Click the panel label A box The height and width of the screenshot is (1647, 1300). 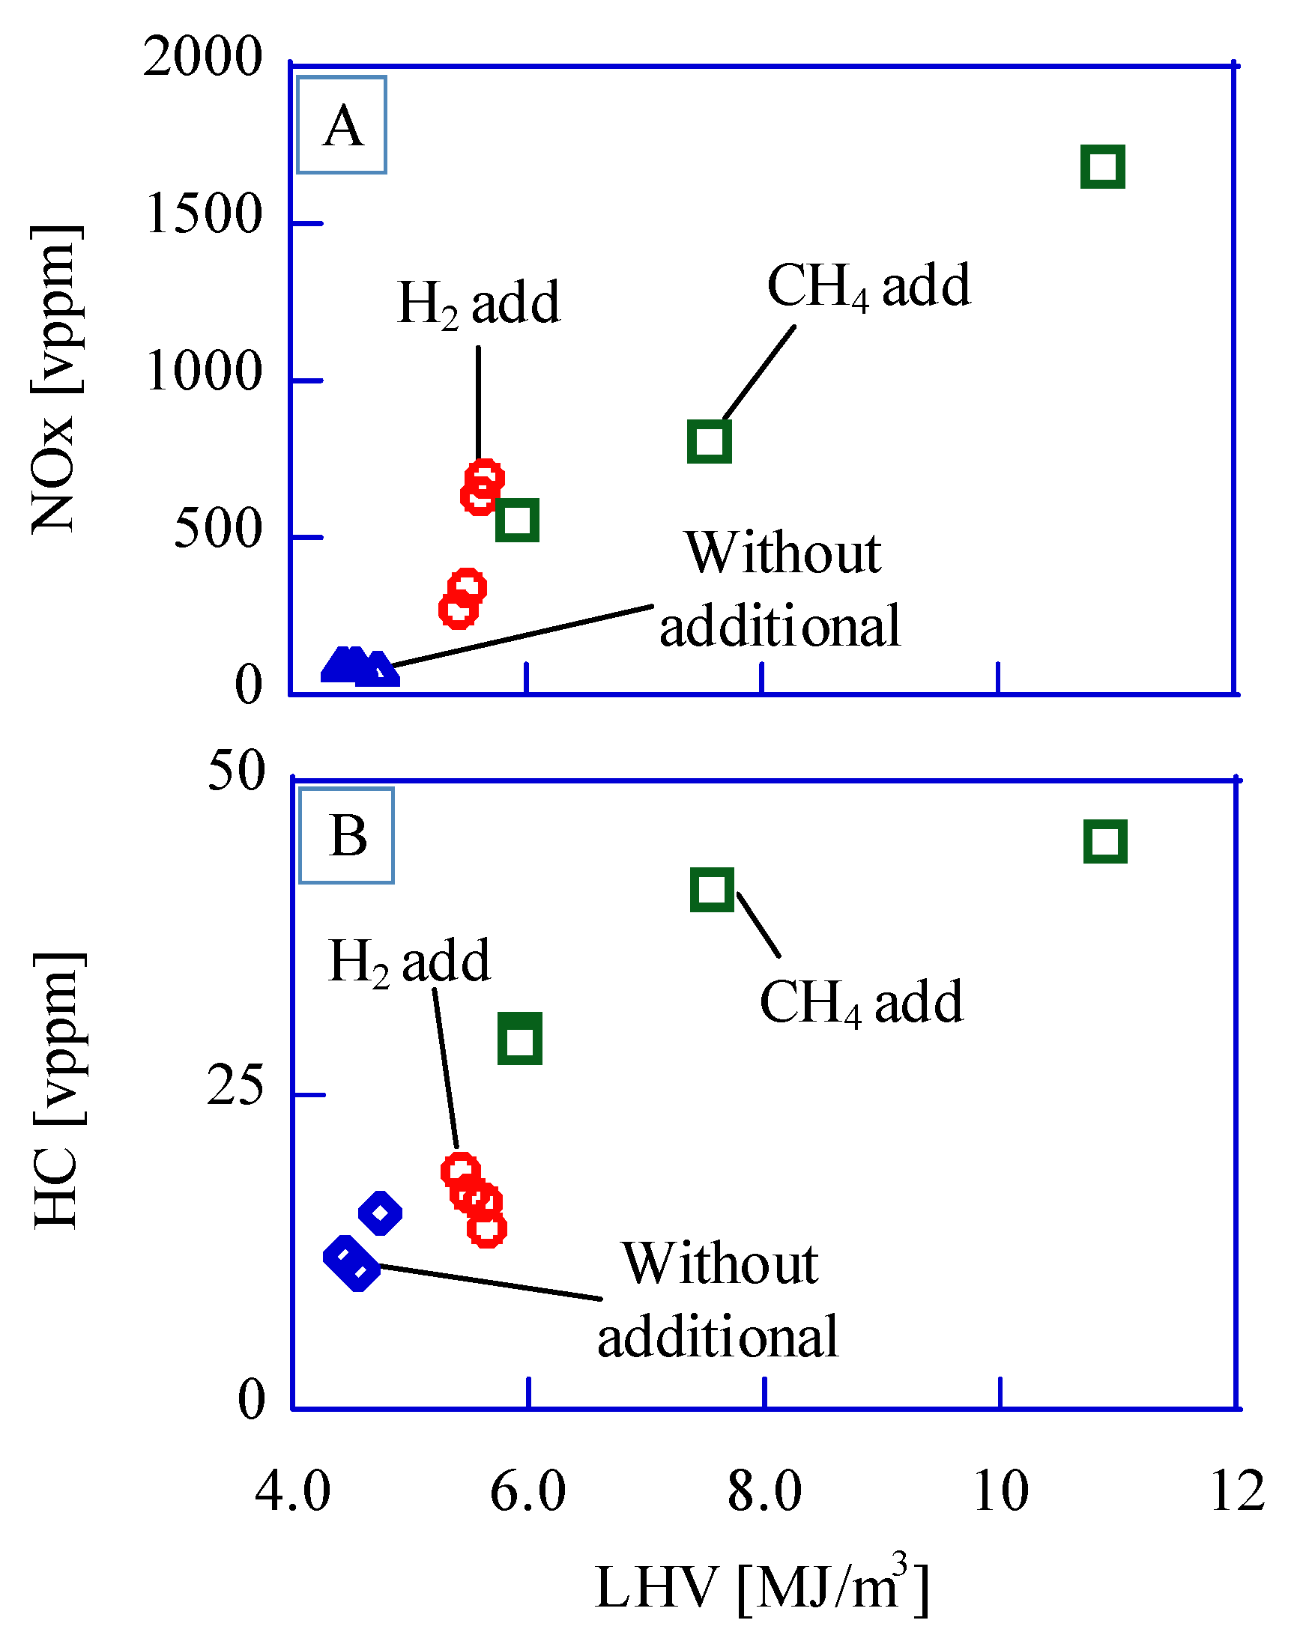342,126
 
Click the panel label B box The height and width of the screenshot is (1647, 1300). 347,836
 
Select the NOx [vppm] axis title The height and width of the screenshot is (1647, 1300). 55,379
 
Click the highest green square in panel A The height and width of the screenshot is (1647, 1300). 1103,166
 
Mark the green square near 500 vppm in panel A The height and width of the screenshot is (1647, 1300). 518,521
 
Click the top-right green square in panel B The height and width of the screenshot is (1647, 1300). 1105,842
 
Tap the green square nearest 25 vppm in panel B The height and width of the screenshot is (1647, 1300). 520,1039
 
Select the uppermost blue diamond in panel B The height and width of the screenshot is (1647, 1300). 380,1213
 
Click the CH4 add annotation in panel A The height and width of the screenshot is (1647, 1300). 868,287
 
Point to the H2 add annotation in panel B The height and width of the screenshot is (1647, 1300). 410,962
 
